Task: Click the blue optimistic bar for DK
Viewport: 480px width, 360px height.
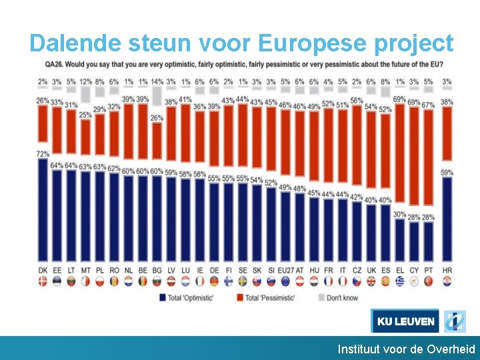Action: [43, 210]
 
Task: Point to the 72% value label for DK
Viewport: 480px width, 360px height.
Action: [43, 154]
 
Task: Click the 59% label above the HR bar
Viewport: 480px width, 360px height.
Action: [447, 173]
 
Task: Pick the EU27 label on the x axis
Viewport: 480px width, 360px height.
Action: [285, 269]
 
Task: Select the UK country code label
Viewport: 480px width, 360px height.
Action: [371, 269]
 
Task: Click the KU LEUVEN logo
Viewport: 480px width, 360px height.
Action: [405, 321]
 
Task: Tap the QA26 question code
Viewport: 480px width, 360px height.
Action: [55, 65]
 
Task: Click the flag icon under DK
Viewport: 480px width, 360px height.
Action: [43, 281]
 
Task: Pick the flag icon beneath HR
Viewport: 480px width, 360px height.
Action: [447, 281]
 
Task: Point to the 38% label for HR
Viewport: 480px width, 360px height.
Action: [447, 102]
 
